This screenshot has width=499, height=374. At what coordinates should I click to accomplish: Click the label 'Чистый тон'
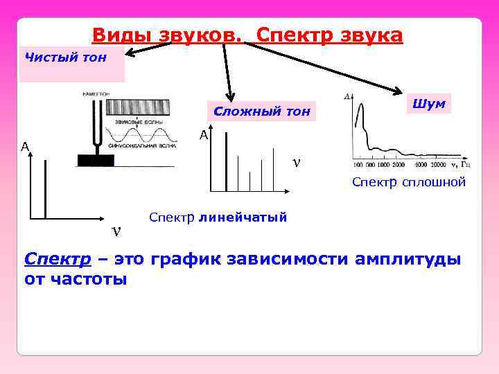pyautogui.click(x=66, y=57)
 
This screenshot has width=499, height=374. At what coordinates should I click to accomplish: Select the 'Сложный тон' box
pyautogui.click(x=263, y=111)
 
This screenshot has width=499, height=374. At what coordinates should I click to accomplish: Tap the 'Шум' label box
pyautogui.click(x=428, y=103)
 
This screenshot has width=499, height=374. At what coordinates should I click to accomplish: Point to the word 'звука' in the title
pyautogui.click(x=370, y=35)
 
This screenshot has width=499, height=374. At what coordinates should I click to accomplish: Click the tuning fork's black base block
pyautogui.click(x=96, y=161)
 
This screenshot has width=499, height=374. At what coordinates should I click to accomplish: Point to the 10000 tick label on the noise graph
pyautogui.click(x=436, y=166)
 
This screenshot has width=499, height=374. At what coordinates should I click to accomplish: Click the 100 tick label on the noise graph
pyautogui.click(x=358, y=166)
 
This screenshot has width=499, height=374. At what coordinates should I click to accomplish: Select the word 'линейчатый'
pyautogui.click(x=243, y=217)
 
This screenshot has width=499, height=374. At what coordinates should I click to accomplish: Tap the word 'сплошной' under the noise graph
pyautogui.click(x=437, y=181)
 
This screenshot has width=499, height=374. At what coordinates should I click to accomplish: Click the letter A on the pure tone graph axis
pyautogui.click(x=24, y=147)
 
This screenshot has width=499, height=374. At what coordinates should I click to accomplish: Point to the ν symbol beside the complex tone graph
pyautogui.click(x=297, y=163)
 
